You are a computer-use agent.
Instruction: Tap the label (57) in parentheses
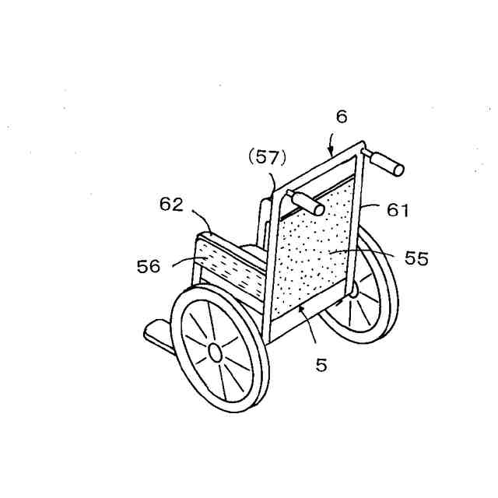tap(267, 157)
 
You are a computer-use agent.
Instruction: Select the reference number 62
tap(171, 205)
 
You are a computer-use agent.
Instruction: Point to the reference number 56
tap(148, 266)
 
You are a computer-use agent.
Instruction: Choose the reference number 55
tap(417, 259)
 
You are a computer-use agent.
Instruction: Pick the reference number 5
tap(321, 364)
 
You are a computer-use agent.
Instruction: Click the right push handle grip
tap(386, 163)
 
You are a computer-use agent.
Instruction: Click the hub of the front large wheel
tap(215, 352)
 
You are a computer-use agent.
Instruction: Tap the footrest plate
tap(159, 332)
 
